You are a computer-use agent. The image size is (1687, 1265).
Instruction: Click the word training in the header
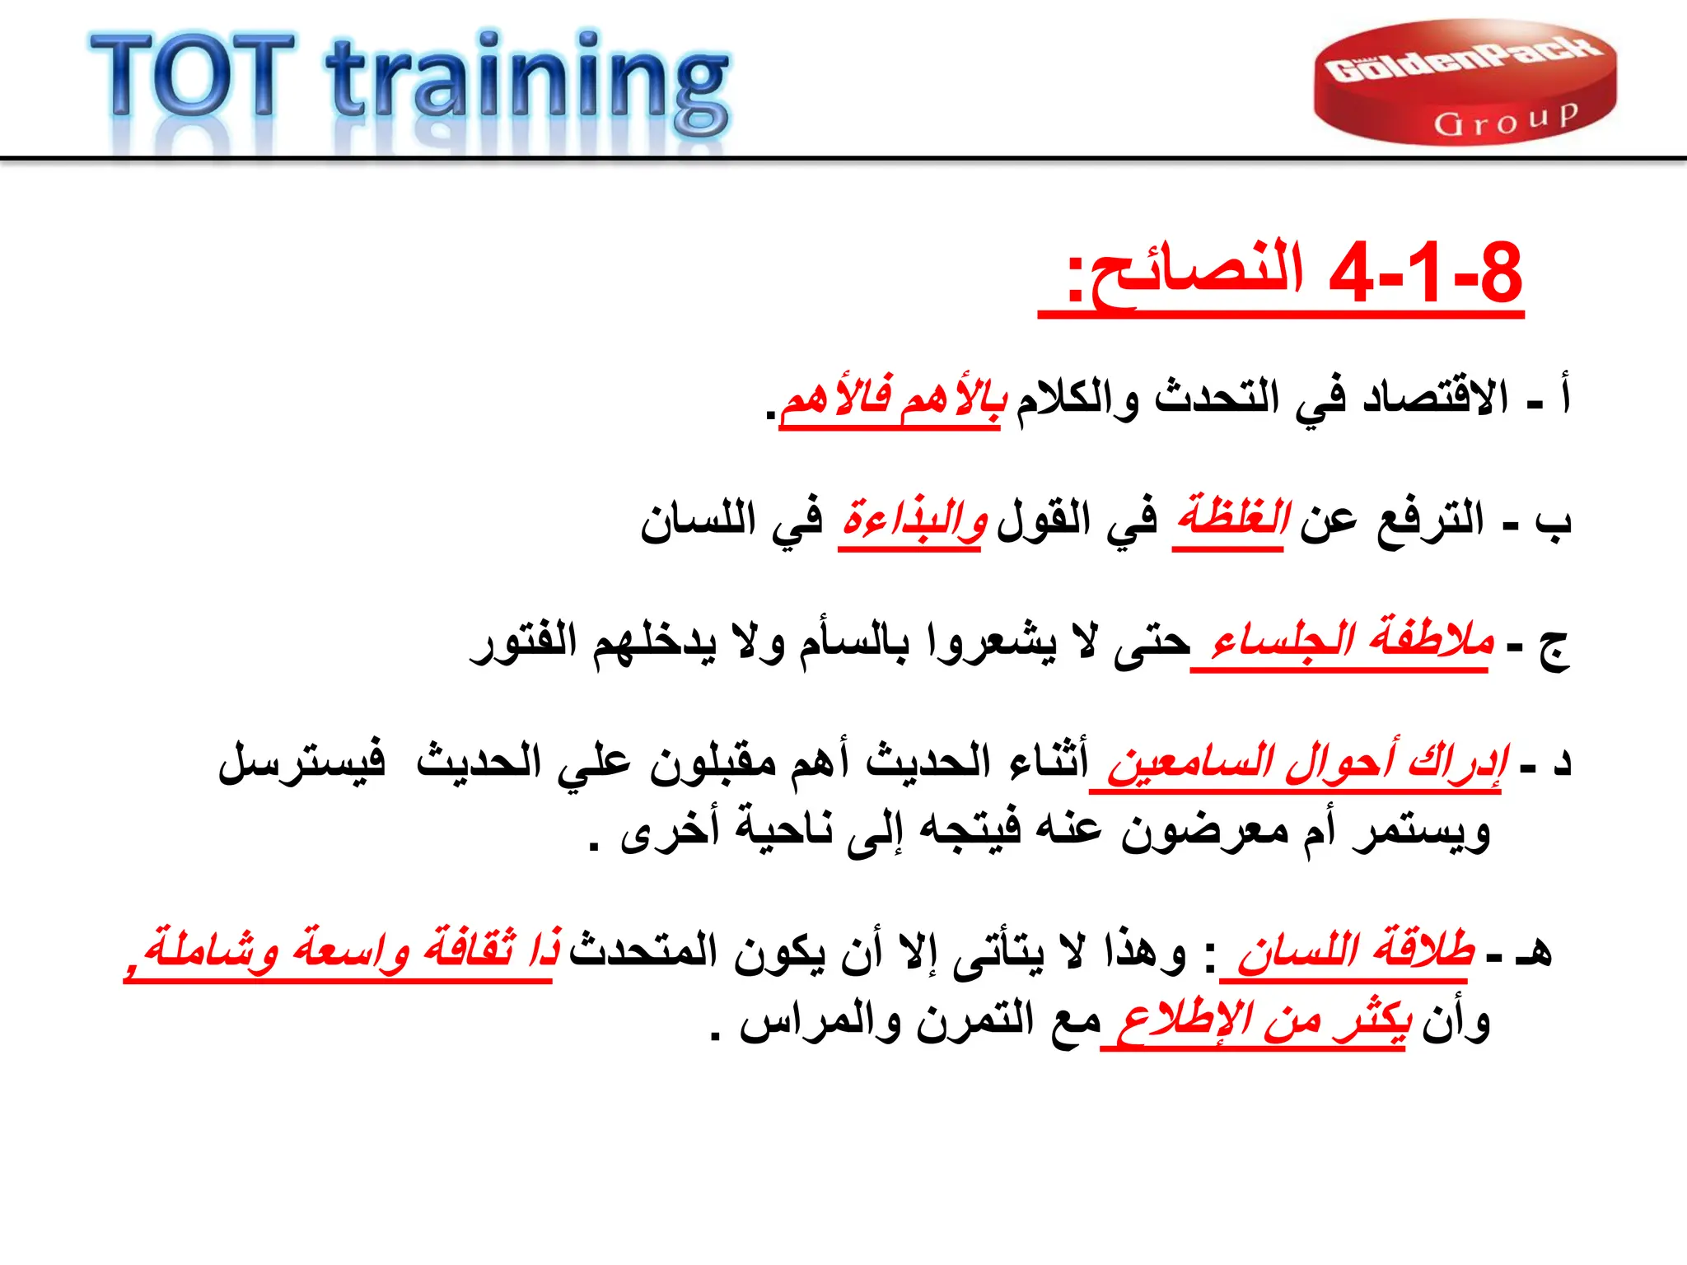click(527, 82)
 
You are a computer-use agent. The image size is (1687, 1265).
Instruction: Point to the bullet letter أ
click(1563, 395)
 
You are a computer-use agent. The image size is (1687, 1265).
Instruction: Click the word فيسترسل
click(301, 762)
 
